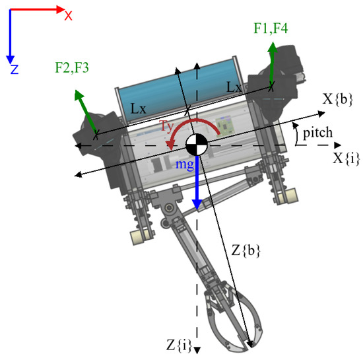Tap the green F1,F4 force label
271,28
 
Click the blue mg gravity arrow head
196,205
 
